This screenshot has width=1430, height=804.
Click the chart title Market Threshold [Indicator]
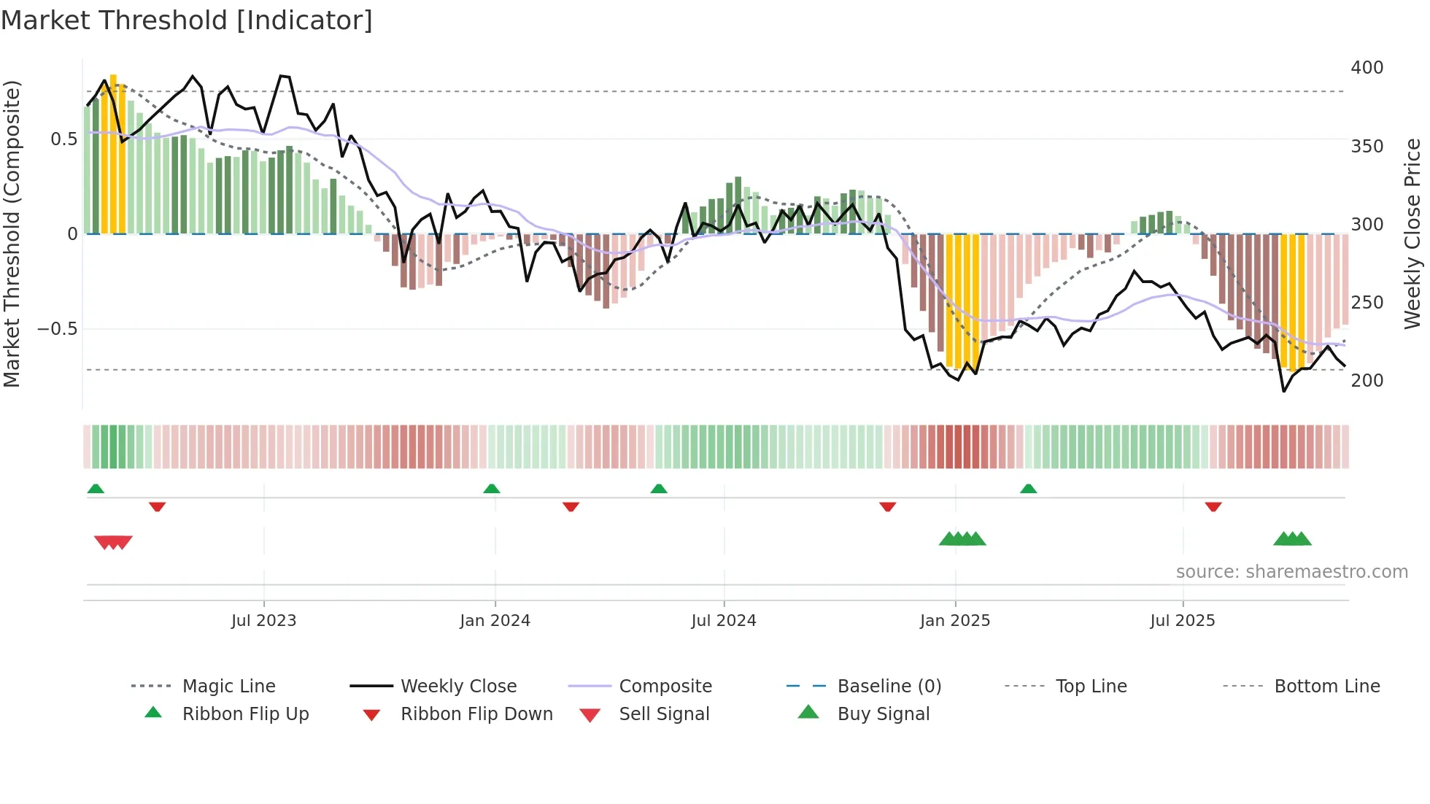coord(187,20)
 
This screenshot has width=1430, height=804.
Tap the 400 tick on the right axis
coord(1367,68)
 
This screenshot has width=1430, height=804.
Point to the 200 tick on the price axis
coord(1367,381)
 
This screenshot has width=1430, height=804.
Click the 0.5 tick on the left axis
coord(63,139)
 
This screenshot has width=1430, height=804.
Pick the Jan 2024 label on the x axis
coord(495,621)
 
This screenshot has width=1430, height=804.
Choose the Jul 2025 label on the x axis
coord(1182,621)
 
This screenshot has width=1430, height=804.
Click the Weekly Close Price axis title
coord(1412,233)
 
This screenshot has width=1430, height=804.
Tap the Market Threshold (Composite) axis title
coord(12,233)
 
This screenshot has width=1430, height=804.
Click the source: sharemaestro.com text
coord(1291,572)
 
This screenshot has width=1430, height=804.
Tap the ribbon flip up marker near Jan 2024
coord(492,489)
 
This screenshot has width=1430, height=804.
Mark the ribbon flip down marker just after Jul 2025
coord(1213,506)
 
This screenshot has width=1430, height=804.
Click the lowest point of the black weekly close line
coord(1284,391)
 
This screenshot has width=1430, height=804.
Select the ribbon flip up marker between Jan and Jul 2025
coord(1028,489)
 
